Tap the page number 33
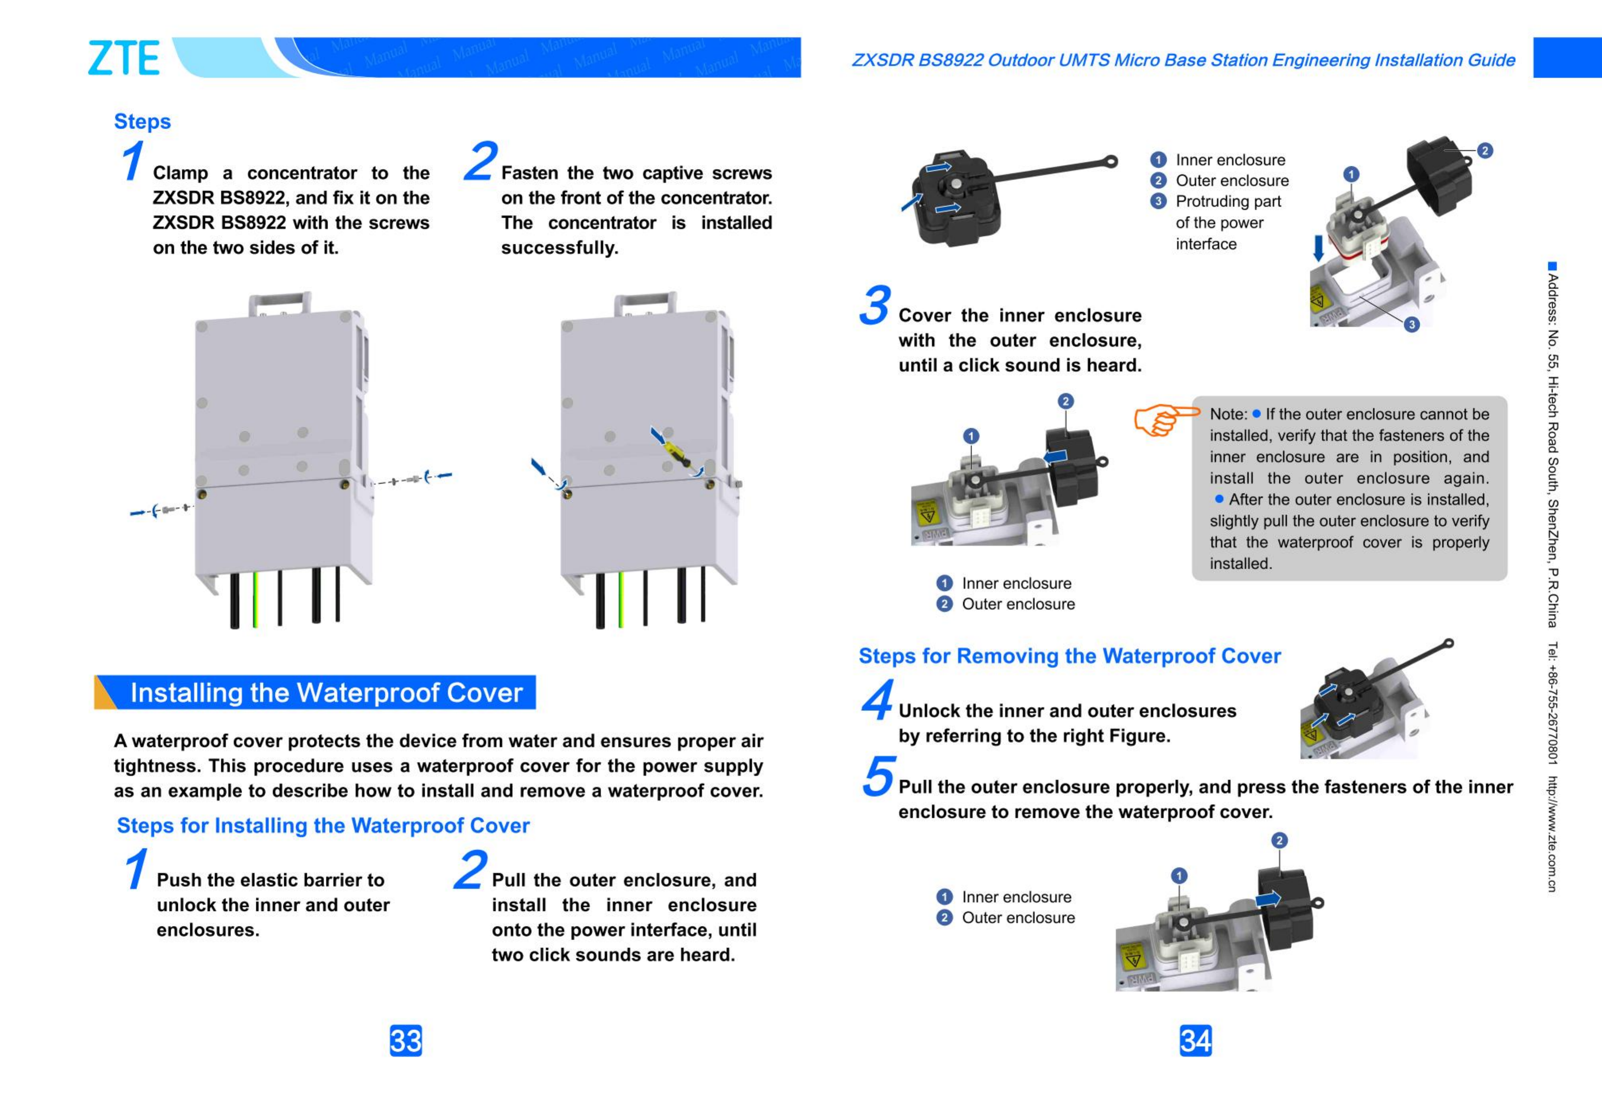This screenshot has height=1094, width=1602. [x=405, y=1040]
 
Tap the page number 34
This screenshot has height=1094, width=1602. [x=1195, y=1040]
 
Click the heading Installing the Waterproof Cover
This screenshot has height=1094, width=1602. [x=326, y=693]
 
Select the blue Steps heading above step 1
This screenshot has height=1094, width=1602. [x=142, y=121]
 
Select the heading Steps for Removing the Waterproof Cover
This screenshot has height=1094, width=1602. [x=1069, y=656]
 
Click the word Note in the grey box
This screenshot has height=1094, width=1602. [x=1227, y=414]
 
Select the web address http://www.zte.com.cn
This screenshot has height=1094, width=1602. [x=1552, y=834]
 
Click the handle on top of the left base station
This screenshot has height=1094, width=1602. [x=279, y=301]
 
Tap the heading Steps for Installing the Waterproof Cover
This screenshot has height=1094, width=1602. [x=323, y=825]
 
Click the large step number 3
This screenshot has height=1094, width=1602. [x=875, y=306]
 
